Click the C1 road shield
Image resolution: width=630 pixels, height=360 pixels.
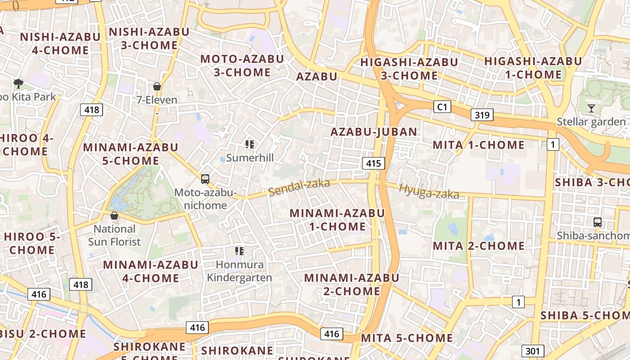[x=442, y=107]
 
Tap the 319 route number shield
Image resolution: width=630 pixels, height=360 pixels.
[x=481, y=115]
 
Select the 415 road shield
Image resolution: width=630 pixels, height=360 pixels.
[x=373, y=163]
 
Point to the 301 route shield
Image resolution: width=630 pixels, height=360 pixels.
[x=533, y=351]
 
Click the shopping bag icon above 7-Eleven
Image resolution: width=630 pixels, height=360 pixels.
[x=157, y=86]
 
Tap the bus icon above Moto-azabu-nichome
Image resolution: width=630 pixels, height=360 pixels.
[x=205, y=179]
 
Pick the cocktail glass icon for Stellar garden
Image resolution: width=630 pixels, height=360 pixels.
[x=591, y=108]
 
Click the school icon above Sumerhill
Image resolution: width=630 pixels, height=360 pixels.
[x=250, y=144]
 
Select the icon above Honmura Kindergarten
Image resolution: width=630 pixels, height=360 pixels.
[x=239, y=251]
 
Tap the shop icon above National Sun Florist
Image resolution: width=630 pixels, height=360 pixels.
[x=114, y=216]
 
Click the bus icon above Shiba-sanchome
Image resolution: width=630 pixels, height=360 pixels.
[x=598, y=222]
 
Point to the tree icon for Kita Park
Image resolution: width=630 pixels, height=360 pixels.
[x=18, y=83]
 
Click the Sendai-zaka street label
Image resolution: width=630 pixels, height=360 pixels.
[x=299, y=188]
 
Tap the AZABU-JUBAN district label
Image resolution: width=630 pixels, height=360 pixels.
[x=373, y=132]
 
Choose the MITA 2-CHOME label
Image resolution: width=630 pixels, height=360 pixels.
[x=479, y=246]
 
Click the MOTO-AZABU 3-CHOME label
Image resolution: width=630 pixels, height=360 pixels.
[x=242, y=66]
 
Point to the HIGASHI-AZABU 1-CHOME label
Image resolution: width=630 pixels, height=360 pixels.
[x=533, y=68]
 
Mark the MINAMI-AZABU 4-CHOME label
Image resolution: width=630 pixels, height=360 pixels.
[x=151, y=271]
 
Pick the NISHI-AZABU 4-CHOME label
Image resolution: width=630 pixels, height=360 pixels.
[x=60, y=43]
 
